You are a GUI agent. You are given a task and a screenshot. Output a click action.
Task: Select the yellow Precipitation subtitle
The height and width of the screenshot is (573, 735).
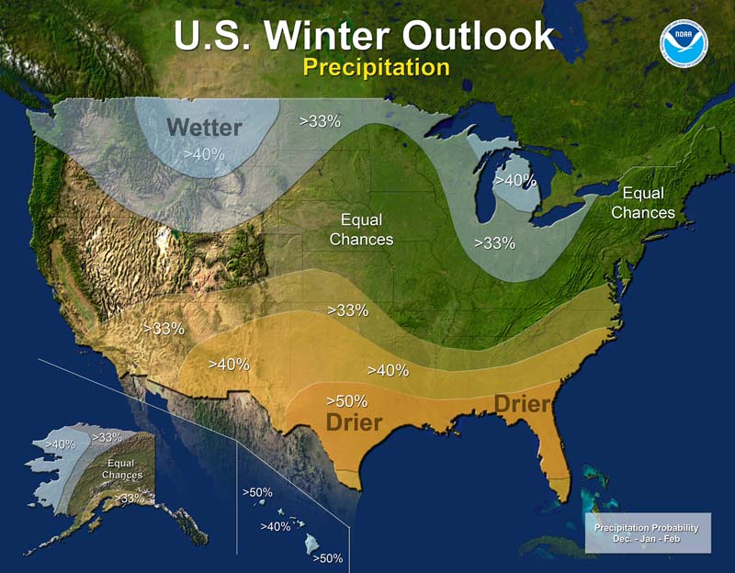click(376, 67)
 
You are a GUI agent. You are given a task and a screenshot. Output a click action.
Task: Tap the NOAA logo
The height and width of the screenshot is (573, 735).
click(679, 39)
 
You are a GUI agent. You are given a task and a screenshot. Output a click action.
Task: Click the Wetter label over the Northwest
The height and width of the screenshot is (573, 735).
click(204, 127)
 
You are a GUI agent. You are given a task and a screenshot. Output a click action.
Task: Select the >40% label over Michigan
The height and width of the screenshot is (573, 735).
click(514, 181)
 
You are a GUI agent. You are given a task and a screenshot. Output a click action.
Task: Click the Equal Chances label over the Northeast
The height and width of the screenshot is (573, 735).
click(643, 203)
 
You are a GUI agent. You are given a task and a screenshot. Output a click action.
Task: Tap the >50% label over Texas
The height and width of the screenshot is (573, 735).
click(347, 400)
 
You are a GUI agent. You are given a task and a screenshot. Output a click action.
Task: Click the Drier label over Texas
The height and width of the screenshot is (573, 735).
click(354, 422)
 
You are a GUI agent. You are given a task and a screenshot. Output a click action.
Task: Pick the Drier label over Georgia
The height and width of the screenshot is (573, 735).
click(523, 404)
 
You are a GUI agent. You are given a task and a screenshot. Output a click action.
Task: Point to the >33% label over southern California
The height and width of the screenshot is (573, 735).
click(164, 328)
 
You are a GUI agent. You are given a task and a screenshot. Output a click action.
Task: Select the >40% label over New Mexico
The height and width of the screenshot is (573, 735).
click(229, 364)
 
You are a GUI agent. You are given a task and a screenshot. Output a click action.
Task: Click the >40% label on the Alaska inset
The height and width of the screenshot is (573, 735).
click(60, 444)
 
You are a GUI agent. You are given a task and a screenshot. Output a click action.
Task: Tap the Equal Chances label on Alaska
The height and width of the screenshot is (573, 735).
click(122, 469)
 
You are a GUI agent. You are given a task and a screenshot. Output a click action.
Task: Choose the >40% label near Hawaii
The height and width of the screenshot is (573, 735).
click(276, 526)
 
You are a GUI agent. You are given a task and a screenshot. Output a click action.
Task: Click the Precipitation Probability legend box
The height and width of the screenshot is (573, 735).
click(647, 533)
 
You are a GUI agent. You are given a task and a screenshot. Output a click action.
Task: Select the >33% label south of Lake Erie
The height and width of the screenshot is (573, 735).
click(494, 243)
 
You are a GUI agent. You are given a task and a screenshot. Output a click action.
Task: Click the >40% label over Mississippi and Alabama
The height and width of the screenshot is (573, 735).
click(388, 370)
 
